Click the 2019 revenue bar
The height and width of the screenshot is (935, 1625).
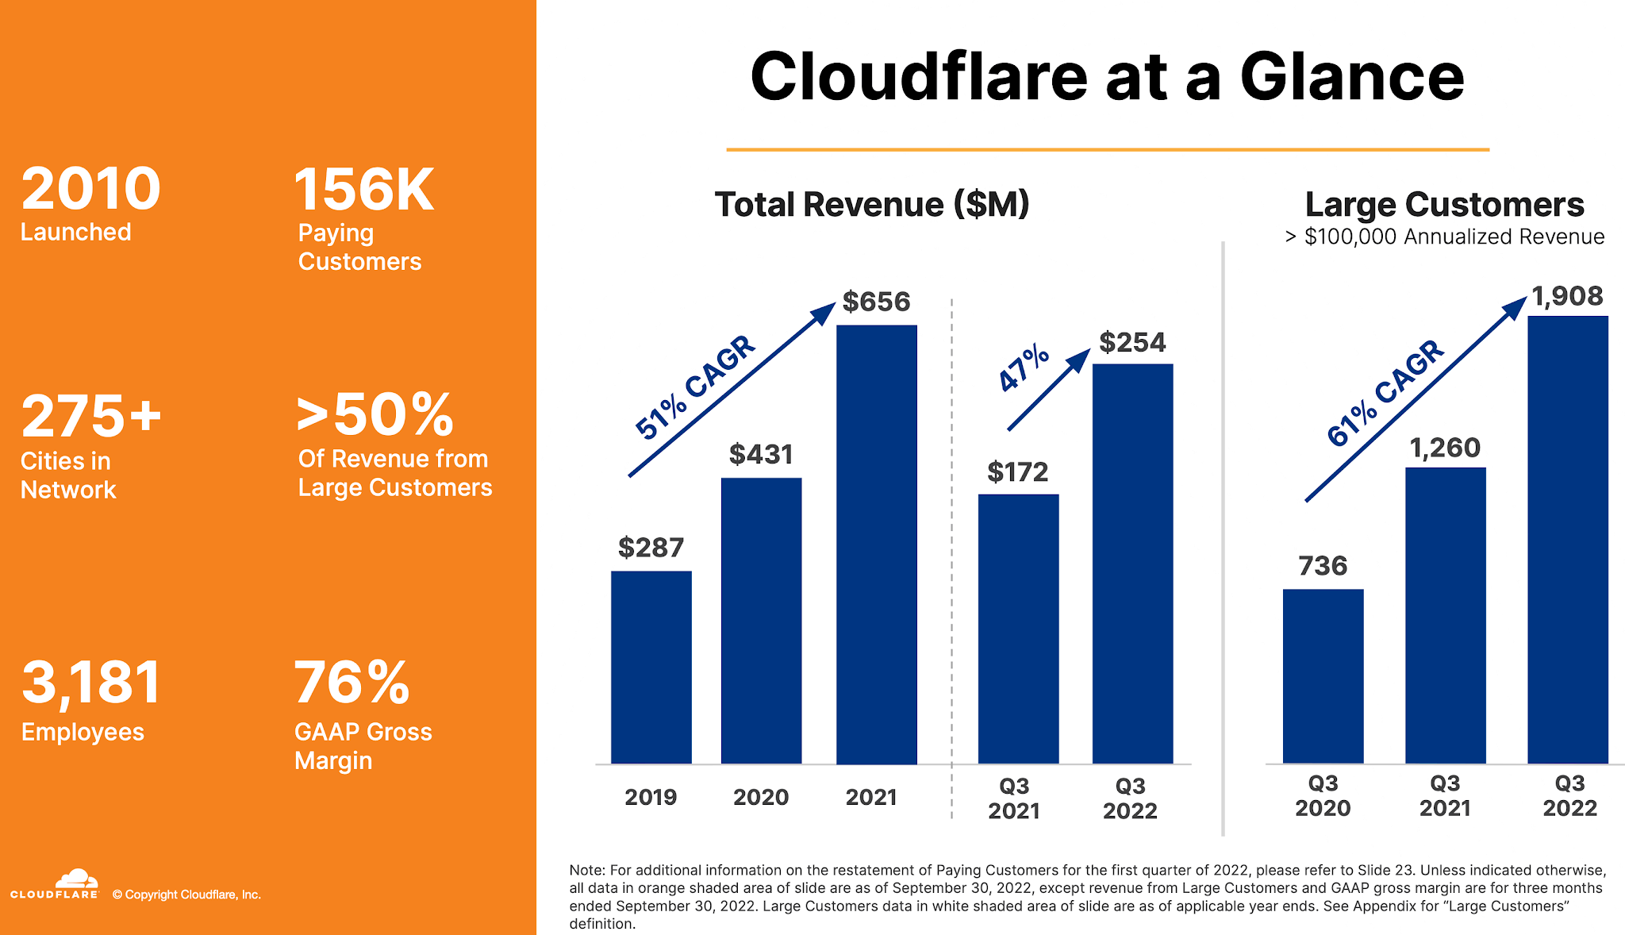[x=651, y=667]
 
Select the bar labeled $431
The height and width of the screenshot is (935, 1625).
[x=761, y=620]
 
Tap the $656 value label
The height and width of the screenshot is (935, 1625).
[x=876, y=302]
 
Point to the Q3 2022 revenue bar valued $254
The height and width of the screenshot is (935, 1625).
[x=1132, y=564]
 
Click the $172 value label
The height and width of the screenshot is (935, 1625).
[x=1017, y=472]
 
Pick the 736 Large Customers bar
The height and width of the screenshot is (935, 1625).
[x=1323, y=675]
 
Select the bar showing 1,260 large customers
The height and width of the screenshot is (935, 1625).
[x=1445, y=615]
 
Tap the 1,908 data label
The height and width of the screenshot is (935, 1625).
[x=1567, y=296]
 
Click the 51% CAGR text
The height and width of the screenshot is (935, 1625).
[x=694, y=387]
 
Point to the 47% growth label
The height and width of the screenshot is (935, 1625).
[x=1024, y=367]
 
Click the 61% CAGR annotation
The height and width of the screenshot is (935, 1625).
[x=1385, y=393]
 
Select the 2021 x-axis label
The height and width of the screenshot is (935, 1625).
[x=870, y=797]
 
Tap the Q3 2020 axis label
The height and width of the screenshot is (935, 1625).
[x=1323, y=795]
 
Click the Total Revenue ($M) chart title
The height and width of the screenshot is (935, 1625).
[x=871, y=204]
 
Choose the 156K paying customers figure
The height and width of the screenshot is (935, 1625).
[x=363, y=190]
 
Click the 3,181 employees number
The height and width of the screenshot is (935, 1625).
[x=91, y=683]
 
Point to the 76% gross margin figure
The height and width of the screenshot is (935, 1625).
[x=352, y=683]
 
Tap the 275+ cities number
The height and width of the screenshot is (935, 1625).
[x=91, y=416]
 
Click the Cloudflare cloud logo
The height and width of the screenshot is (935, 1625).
[x=76, y=879]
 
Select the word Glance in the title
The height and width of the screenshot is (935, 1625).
[x=1351, y=77]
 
